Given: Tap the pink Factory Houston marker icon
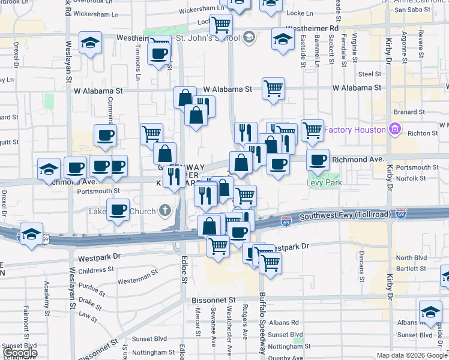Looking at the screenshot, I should coord(394,129).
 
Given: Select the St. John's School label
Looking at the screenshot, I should coord(206,38).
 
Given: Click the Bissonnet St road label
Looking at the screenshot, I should coord(214,299).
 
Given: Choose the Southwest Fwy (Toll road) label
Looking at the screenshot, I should coord(345,215).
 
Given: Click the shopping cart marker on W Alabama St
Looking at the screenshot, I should coord(273,89).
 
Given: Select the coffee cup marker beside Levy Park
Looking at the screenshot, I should coord(318,160).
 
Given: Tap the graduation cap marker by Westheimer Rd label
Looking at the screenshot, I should coord(283,39).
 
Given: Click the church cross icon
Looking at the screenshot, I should coord(166,211).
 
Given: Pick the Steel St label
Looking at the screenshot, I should coord(369,74).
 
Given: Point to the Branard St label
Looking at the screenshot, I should coord(410,112).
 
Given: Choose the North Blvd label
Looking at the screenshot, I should coord(411,257).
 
